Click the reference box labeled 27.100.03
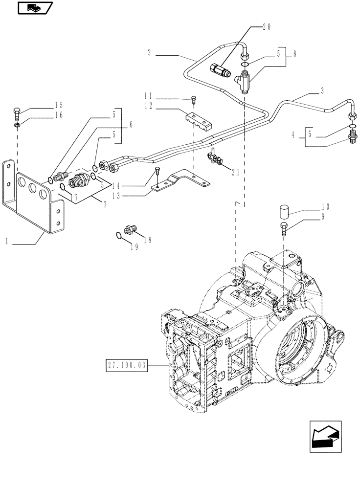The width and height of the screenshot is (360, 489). [126, 365]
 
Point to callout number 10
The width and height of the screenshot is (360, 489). [325, 207]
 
